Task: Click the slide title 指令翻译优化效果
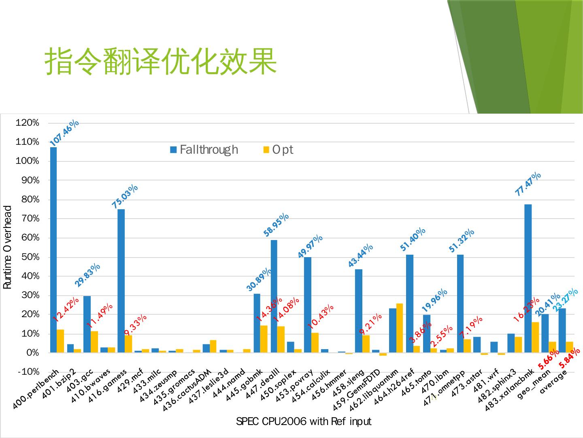[161, 62]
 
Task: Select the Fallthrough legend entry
[204, 150]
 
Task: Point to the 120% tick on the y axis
[28, 123]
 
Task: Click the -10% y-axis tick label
[28, 372]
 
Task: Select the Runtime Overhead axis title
[8, 247]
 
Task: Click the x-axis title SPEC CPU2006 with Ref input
[303, 421]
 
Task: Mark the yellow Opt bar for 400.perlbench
[60, 341]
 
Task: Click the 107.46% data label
[64, 133]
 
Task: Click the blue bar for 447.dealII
[274, 296]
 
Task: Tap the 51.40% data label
[413, 239]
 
